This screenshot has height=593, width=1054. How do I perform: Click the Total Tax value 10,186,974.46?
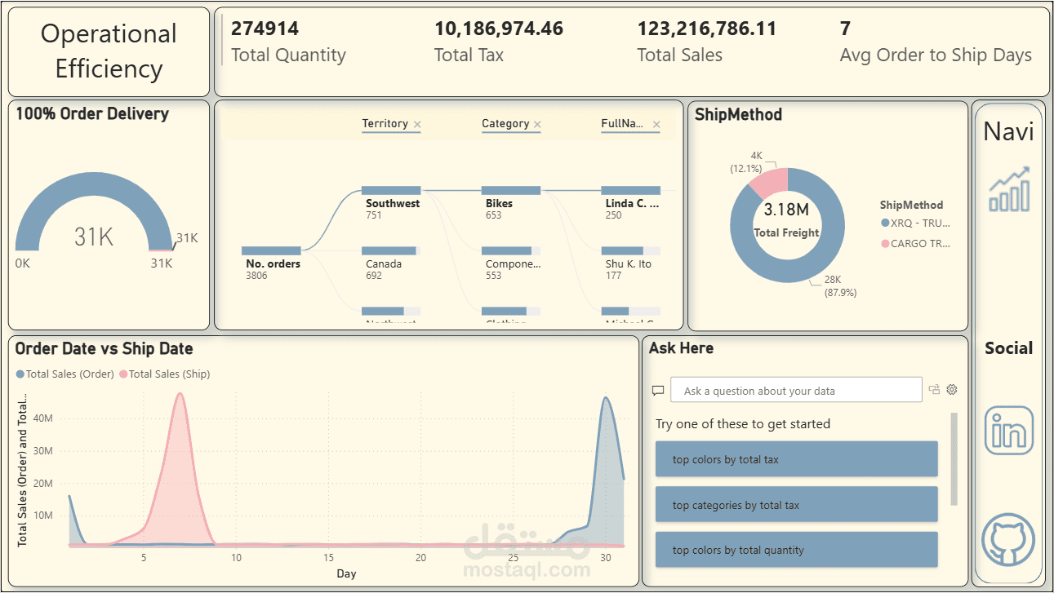point(498,29)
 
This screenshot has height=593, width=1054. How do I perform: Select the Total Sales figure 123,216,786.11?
point(706,29)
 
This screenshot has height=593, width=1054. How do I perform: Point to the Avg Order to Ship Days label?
point(936,55)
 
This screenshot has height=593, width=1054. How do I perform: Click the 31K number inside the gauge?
point(94,237)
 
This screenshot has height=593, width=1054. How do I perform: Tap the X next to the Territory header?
point(417,125)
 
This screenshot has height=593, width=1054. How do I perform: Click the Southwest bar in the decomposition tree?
point(391,191)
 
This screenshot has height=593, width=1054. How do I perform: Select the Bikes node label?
point(499,203)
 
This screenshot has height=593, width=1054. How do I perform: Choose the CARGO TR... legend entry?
point(919,243)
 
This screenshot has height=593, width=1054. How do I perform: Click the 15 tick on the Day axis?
point(328,558)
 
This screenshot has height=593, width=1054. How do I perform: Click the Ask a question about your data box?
point(796,390)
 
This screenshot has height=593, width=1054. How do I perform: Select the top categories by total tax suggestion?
point(796,505)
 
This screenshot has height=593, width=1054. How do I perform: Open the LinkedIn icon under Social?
point(1008,430)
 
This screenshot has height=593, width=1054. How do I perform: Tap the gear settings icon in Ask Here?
point(951,390)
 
